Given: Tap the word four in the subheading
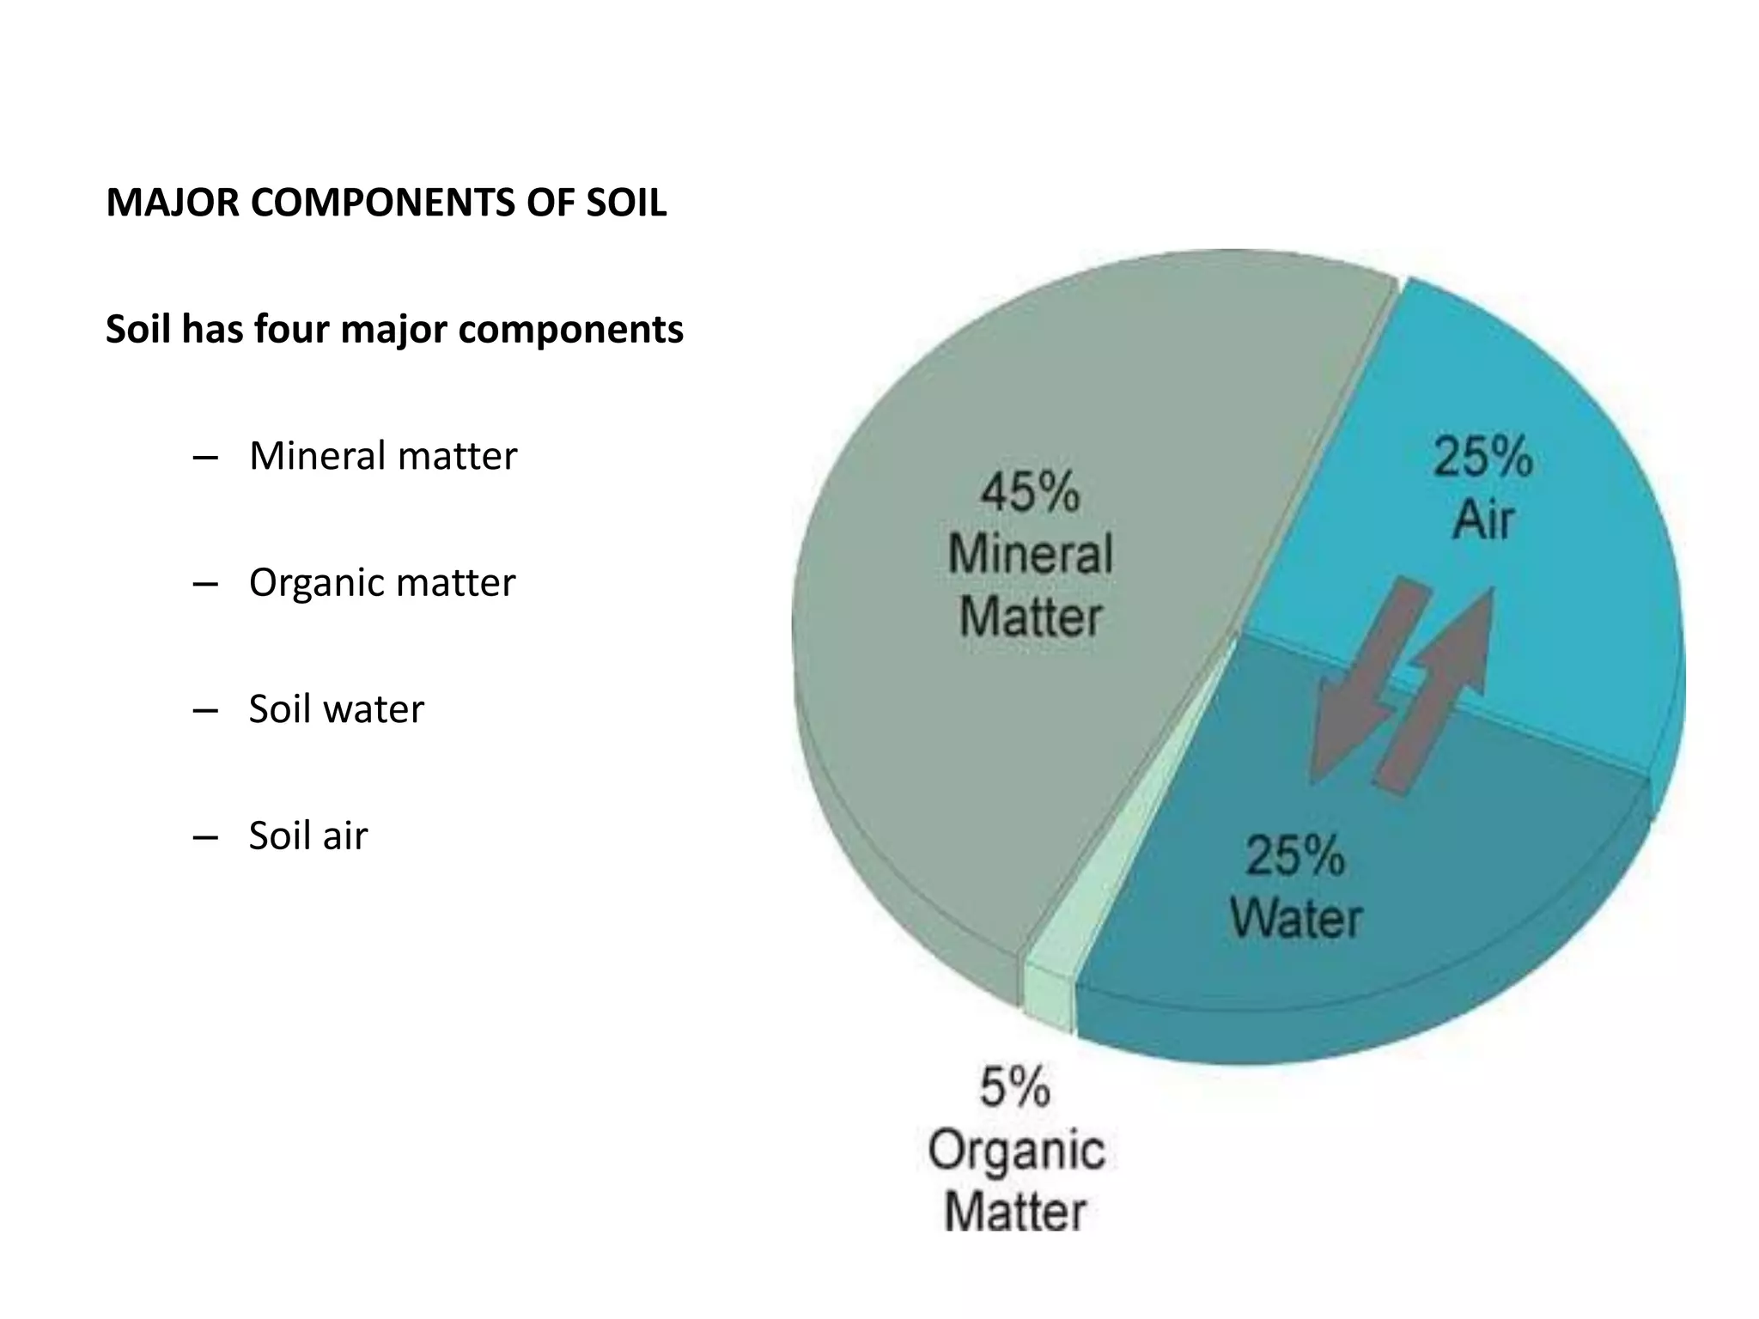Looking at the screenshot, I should [290, 330].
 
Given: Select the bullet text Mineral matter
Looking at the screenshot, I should [383, 456].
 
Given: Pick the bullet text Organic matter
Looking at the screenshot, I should [382, 583].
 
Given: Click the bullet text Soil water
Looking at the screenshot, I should [336, 709].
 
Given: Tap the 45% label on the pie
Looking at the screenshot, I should [1030, 493].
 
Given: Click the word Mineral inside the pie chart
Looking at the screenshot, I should [1030, 554].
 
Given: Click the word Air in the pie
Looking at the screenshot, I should [1482, 520].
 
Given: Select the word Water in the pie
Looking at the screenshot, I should [1295, 918].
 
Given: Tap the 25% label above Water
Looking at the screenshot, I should [1295, 856].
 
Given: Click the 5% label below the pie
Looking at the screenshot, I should [1015, 1087].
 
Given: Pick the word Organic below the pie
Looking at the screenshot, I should [1015, 1151].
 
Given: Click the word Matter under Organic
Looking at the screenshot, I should [1015, 1213].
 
